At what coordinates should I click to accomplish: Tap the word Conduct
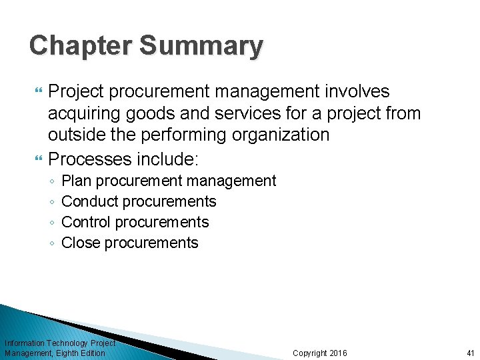pyautogui.click(x=90, y=201)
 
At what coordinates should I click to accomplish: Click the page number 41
pyautogui.click(x=470, y=353)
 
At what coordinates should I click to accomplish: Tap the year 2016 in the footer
pyautogui.click(x=339, y=353)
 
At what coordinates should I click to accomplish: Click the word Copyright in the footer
pyautogui.click(x=310, y=353)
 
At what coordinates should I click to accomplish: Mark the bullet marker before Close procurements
pyautogui.click(x=52, y=243)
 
